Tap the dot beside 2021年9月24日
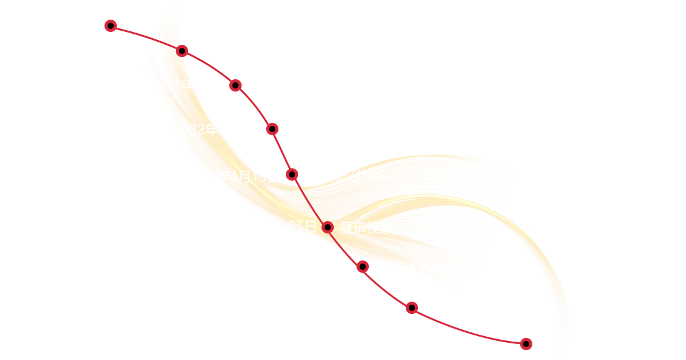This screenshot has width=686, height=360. click(111, 25)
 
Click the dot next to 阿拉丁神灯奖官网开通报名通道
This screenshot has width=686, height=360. click(181, 51)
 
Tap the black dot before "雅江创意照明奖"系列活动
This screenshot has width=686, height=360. click(235, 85)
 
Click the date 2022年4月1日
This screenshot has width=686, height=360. click(217, 130)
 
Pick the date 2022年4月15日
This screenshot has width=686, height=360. click(232, 176)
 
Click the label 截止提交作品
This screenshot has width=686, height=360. click(342, 176)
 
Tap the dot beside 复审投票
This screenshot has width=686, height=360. click(328, 227)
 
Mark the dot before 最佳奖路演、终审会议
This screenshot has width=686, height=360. click(412, 308)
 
